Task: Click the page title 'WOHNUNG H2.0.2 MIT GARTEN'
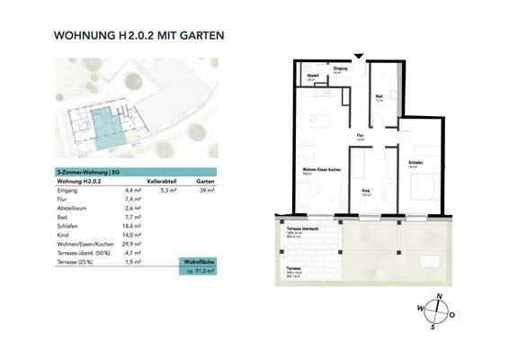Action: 138,37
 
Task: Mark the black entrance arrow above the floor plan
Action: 359,57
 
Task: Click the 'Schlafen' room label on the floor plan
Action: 415,162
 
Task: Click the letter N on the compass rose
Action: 438,296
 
